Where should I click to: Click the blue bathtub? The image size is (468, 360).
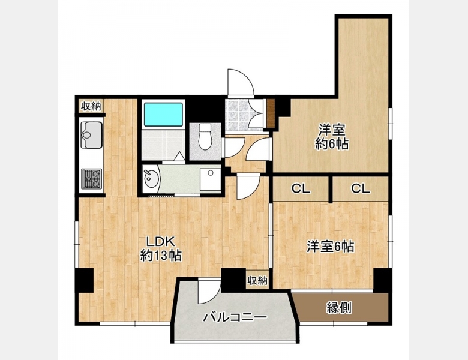tap(163, 115)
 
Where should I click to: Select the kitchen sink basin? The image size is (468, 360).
tap(92, 135)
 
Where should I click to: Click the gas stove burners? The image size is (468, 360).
tap(92, 179)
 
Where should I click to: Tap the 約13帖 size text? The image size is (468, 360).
tap(161, 255)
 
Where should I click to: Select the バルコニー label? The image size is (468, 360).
tap(235, 317)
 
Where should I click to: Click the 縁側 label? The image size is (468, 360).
tap(339, 308)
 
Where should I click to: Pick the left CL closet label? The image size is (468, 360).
tap(301, 188)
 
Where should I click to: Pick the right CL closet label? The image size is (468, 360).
tap(361, 188)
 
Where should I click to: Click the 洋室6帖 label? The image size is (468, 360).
tap(331, 247)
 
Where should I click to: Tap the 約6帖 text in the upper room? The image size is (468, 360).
tap(332, 145)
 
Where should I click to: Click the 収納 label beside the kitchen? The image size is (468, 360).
tap(91, 106)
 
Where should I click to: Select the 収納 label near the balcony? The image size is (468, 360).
tap(257, 281)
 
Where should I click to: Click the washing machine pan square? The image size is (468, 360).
tap(211, 179)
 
